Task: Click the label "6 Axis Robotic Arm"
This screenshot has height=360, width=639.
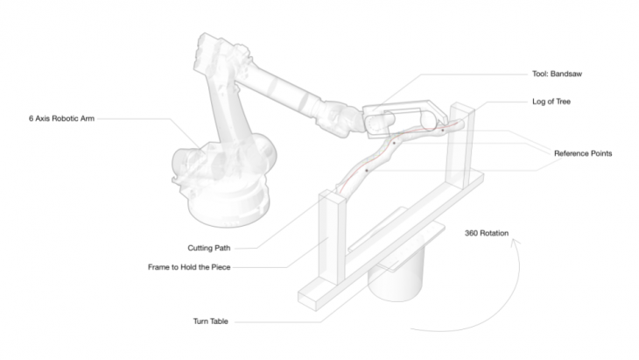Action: tap(61, 118)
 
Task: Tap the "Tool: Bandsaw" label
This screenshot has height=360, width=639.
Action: tap(557, 74)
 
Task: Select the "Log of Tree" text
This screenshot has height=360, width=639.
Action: tap(551, 102)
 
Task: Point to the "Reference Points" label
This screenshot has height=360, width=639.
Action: tap(583, 153)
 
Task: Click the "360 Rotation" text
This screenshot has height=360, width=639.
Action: tap(487, 233)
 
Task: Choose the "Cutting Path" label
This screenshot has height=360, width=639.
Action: tap(208, 248)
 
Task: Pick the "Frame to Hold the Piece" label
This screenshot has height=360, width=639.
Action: tap(189, 267)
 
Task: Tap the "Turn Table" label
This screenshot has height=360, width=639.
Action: tap(210, 321)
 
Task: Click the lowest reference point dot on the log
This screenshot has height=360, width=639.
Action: tap(367, 171)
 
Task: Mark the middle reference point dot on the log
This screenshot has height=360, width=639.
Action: tap(394, 143)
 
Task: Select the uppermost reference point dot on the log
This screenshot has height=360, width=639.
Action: tap(443, 131)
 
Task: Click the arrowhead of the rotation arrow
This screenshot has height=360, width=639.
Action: tap(516, 242)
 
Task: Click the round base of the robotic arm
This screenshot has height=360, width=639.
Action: tap(228, 208)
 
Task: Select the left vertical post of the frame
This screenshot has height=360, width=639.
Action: tap(332, 236)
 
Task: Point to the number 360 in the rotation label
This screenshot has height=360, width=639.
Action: tap(471, 233)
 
